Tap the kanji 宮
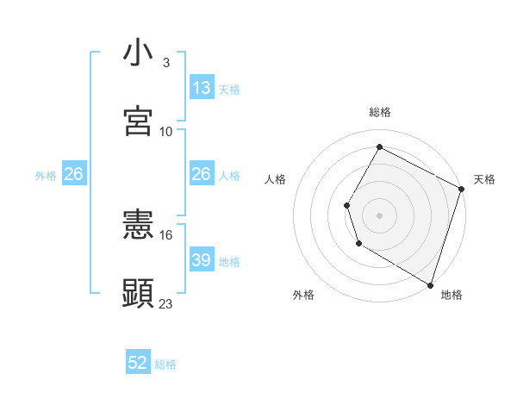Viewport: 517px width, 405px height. click(x=138, y=121)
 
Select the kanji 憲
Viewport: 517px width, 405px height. click(x=138, y=226)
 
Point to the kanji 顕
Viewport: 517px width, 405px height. click(x=138, y=293)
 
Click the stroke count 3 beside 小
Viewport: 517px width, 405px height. click(x=165, y=63)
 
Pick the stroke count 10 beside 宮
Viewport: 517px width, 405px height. click(x=166, y=131)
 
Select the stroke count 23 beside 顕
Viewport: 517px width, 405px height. click(x=166, y=303)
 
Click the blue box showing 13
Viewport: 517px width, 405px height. click(x=202, y=88)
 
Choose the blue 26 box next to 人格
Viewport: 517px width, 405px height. click(x=202, y=175)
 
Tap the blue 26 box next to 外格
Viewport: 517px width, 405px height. click(x=73, y=175)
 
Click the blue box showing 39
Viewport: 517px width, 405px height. click(x=202, y=260)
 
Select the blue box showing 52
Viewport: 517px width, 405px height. click(x=138, y=363)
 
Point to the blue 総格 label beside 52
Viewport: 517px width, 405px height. click(x=165, y=364)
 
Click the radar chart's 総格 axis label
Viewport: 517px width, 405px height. click(x=379, y=112)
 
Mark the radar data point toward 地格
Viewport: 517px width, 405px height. click(x=429, y=283)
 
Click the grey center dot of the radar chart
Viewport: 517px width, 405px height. click(x=379, y=215)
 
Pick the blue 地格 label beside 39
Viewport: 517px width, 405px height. click(x=229, y=261)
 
